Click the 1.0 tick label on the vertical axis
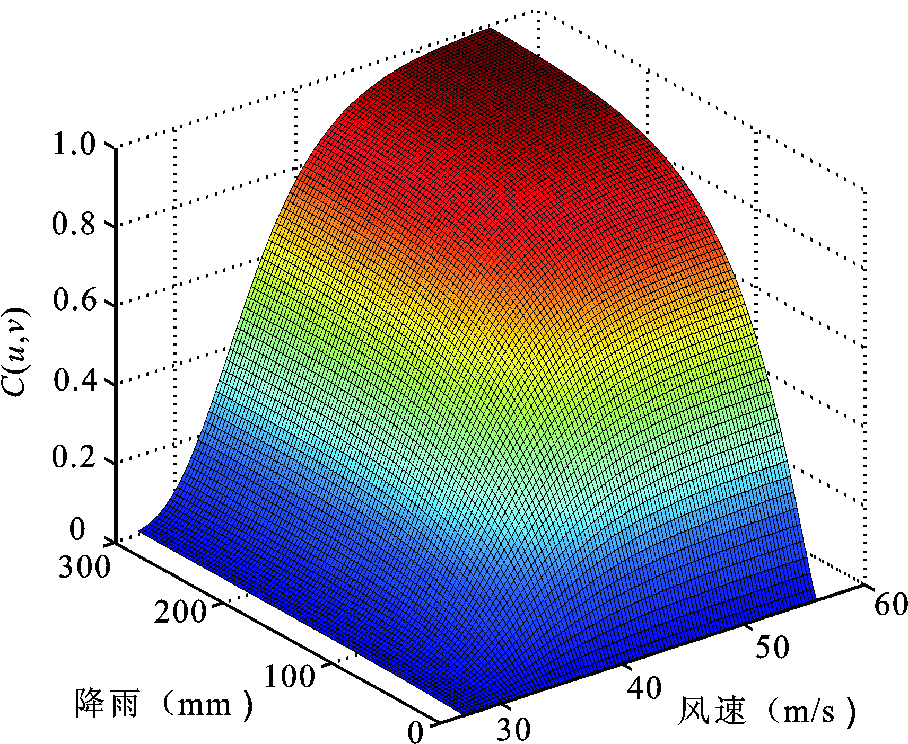[x=74, y=144]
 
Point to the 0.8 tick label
[x=74, y=223]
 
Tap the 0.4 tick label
[x=74, y=379]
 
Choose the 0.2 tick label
[x=74, y=457]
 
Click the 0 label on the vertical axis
[x=77, y=529]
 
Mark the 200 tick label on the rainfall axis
[x=180, y=612]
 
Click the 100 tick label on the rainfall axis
[x=289, y=676]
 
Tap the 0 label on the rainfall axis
[x=416, y=732]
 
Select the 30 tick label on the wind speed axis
[x=513, y=729]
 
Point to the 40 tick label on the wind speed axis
[x=644, y=688]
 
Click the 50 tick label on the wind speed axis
[x=772, y=646]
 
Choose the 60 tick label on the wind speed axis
[x=891, y=604]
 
